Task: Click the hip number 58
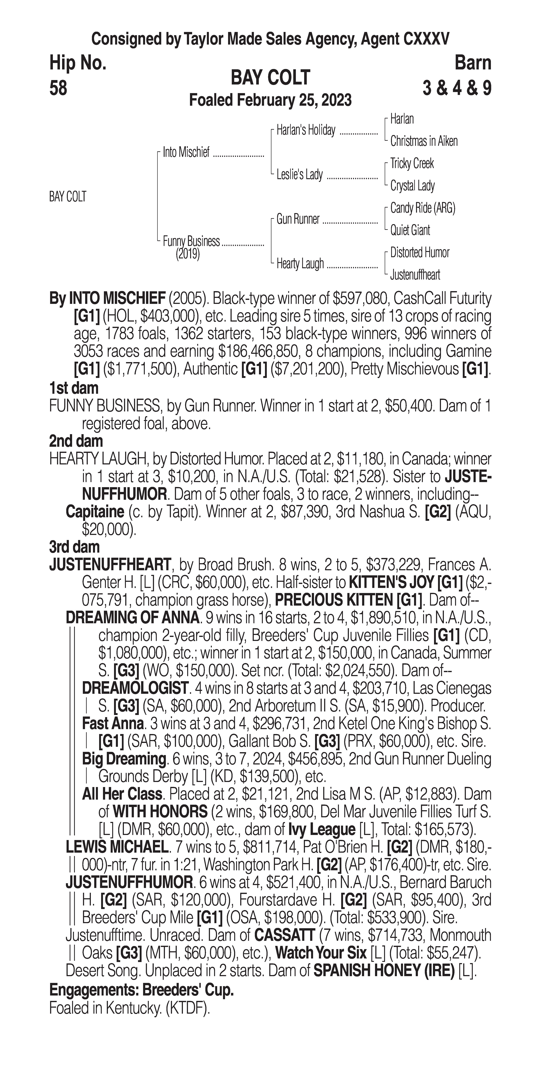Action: tap(58, 88)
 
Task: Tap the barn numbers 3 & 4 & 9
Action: tap(457, 88)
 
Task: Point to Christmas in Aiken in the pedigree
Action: tap(424, 141)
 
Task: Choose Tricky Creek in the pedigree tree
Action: tap(412, 163)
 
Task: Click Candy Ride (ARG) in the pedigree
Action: tap(422, 208)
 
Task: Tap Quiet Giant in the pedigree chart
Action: tap(410, 230)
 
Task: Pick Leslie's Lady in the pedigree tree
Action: tap(299, 175)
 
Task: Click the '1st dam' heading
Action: tap(74, 388)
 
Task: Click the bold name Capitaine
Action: tap(95, 512)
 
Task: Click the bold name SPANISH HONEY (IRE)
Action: tap(384, 971)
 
